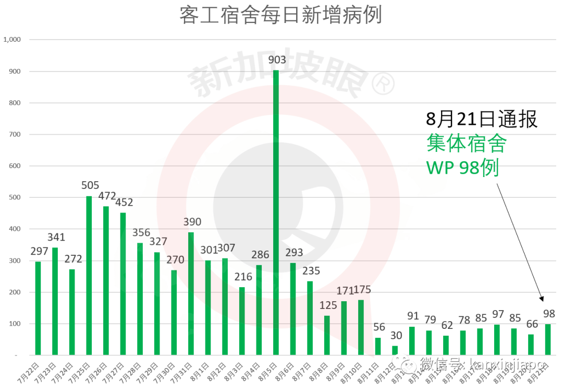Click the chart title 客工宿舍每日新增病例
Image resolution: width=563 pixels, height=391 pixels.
(280, 15)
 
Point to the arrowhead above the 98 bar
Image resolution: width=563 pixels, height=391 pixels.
(542, 298)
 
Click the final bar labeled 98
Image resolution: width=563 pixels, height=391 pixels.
(548, 339)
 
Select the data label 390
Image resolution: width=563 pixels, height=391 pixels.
(191, 222)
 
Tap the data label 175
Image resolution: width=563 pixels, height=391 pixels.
(361, 289)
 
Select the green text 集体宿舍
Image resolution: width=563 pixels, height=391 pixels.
(466, 143)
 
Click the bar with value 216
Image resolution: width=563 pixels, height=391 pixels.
(242, 321)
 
